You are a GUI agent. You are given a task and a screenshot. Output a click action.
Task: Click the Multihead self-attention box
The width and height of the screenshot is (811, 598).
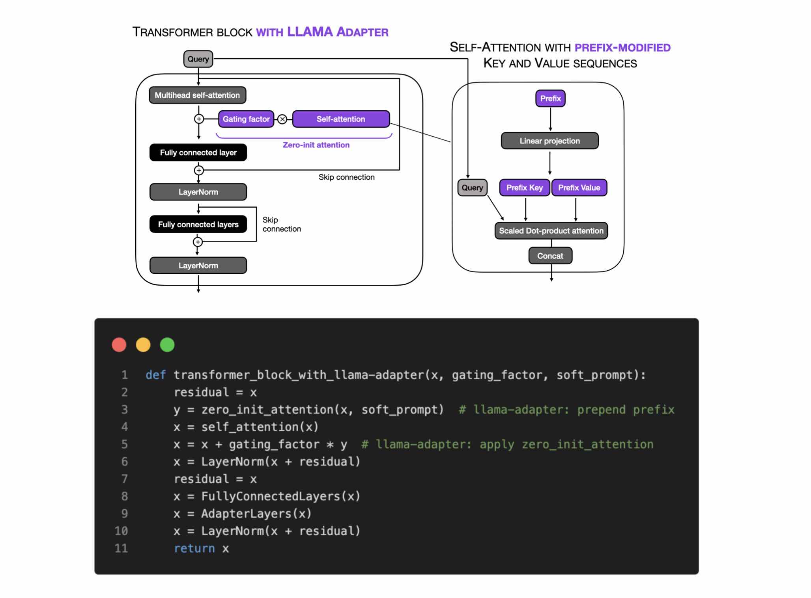197,95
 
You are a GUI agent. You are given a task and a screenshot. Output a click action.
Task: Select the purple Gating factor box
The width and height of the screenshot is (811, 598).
246,119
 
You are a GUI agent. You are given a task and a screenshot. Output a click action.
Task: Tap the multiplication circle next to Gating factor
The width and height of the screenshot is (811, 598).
282,119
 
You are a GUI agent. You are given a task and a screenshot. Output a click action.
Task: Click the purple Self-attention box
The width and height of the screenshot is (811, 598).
341,119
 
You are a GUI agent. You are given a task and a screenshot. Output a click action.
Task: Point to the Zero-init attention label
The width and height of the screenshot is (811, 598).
316,145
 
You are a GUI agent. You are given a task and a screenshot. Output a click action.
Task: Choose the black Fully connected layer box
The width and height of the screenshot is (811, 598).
198,152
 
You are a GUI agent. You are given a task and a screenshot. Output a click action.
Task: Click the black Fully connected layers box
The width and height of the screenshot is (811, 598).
198,225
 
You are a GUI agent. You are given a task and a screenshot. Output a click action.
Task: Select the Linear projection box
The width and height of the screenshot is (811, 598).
549,141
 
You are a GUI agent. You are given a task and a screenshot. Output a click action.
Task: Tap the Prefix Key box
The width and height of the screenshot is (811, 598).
524,188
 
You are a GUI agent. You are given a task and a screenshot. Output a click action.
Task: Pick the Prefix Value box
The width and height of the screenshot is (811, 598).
579,188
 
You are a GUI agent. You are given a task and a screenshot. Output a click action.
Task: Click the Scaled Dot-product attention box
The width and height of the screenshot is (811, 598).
551,231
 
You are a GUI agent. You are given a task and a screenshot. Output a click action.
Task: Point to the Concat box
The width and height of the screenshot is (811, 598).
550,256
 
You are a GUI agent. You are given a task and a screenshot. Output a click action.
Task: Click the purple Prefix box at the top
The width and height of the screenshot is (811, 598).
550,98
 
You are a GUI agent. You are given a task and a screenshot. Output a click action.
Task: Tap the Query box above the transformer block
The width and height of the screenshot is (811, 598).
198,59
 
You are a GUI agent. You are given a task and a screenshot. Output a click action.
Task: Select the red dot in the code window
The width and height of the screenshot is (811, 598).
119,345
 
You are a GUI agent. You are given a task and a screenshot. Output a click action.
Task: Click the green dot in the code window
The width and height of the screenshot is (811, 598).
167,345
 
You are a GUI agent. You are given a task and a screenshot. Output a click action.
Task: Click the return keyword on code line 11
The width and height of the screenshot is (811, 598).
194,548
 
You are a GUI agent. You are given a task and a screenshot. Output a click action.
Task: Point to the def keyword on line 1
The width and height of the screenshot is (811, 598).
155,375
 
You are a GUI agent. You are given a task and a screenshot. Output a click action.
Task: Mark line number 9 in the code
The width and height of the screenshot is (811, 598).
124,514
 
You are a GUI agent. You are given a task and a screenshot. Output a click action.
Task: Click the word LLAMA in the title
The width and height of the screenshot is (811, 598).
310,32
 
